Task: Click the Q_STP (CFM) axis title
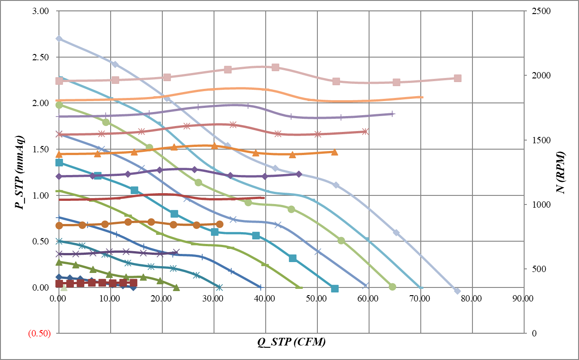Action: [x=291, y=342]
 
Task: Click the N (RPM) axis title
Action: [x=562, y=172]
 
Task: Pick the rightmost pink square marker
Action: [x=457, y=78]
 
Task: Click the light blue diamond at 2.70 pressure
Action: [x=59, y=39]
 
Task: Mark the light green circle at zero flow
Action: [x=59, y=105]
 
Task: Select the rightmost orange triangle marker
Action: [x=335, y=152]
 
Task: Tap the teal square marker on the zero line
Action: [x=335, y=288]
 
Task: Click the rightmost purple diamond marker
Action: [x=299, y=174]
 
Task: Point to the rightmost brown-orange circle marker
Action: [x=219, y=224]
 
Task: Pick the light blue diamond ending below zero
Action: [x=457, y=291]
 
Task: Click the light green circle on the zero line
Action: [x=392, y=287]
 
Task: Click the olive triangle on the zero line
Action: [x=176, y=287]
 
